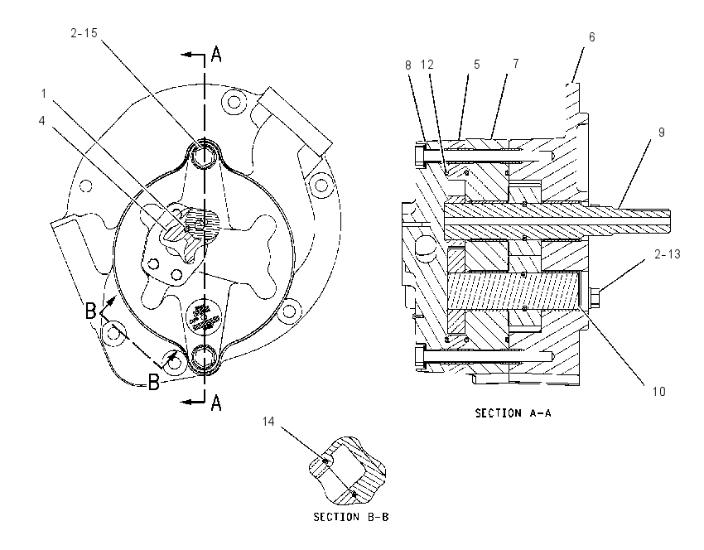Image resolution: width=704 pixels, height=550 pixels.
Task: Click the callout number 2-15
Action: click(x=84, y=33)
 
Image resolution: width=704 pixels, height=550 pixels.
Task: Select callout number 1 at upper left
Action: click(x=44, y=94)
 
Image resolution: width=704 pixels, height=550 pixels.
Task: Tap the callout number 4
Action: click(x=41, y=121)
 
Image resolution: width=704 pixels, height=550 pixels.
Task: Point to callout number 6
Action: click(x=591, y=37)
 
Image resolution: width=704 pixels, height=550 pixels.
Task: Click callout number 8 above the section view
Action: click(x=407, y=65)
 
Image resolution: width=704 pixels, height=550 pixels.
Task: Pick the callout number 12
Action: click(x=427, y=65)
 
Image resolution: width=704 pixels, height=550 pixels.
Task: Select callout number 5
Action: click(x=477, y=65)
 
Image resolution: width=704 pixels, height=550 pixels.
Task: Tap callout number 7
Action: click(x=516, y=64)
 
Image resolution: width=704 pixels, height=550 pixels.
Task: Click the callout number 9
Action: click(x=662, y=133)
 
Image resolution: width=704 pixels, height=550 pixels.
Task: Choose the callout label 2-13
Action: click(x=668, y=254)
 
